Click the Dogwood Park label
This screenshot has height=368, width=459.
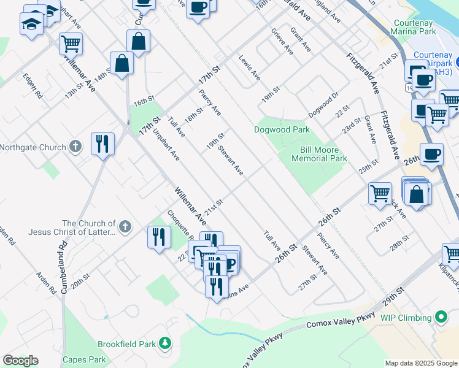(x=282, y=129)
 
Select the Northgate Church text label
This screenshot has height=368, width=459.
(x=32, y=147)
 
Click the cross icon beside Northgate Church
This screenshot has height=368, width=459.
(x=75, y=147)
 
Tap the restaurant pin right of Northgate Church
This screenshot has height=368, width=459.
(x=102, y=144)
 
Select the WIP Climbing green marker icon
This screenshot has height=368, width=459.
(x=439, y=318)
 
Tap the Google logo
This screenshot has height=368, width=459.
(x=20, y=361)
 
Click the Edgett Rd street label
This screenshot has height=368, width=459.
(x=33, y=86)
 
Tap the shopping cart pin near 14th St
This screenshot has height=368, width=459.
(x=71, y=44)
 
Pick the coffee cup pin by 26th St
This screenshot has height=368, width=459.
(x=431, y=154)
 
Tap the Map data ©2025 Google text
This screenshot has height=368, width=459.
(x=421, y=363)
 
